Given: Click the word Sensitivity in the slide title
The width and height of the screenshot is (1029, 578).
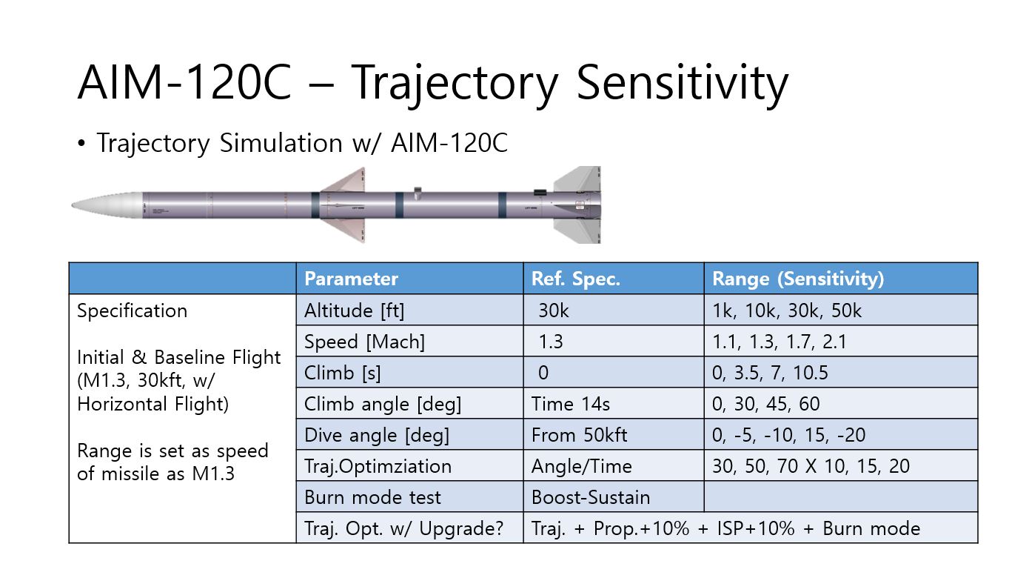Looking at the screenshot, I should (682, 83).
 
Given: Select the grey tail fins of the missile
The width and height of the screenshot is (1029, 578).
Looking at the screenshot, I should (577, 205).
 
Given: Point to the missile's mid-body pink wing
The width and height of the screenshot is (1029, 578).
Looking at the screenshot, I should (342, 205).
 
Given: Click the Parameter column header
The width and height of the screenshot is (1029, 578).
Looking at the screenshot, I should (351, 279).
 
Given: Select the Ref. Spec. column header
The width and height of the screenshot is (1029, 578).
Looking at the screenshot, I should (575, 279).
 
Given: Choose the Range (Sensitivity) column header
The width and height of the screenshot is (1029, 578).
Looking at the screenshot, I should (797, 279).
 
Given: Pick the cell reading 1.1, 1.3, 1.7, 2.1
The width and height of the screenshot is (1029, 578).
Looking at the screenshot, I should (779, 342).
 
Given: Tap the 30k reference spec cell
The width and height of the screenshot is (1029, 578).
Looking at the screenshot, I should (553, 310).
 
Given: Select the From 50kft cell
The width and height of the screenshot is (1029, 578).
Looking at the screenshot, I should (578, 435).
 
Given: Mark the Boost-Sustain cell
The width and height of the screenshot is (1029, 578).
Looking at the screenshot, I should (590, 497).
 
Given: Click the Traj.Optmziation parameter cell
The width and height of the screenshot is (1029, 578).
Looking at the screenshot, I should (378, 466).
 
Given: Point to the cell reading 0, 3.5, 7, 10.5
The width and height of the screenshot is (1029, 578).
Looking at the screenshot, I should (770, 373).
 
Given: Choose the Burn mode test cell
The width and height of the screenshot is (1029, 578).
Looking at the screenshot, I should (372, 497).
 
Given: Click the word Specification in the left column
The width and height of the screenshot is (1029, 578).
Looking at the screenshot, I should (132, 310).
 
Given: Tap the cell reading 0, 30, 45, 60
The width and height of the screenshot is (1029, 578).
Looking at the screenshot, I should (765, 404).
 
